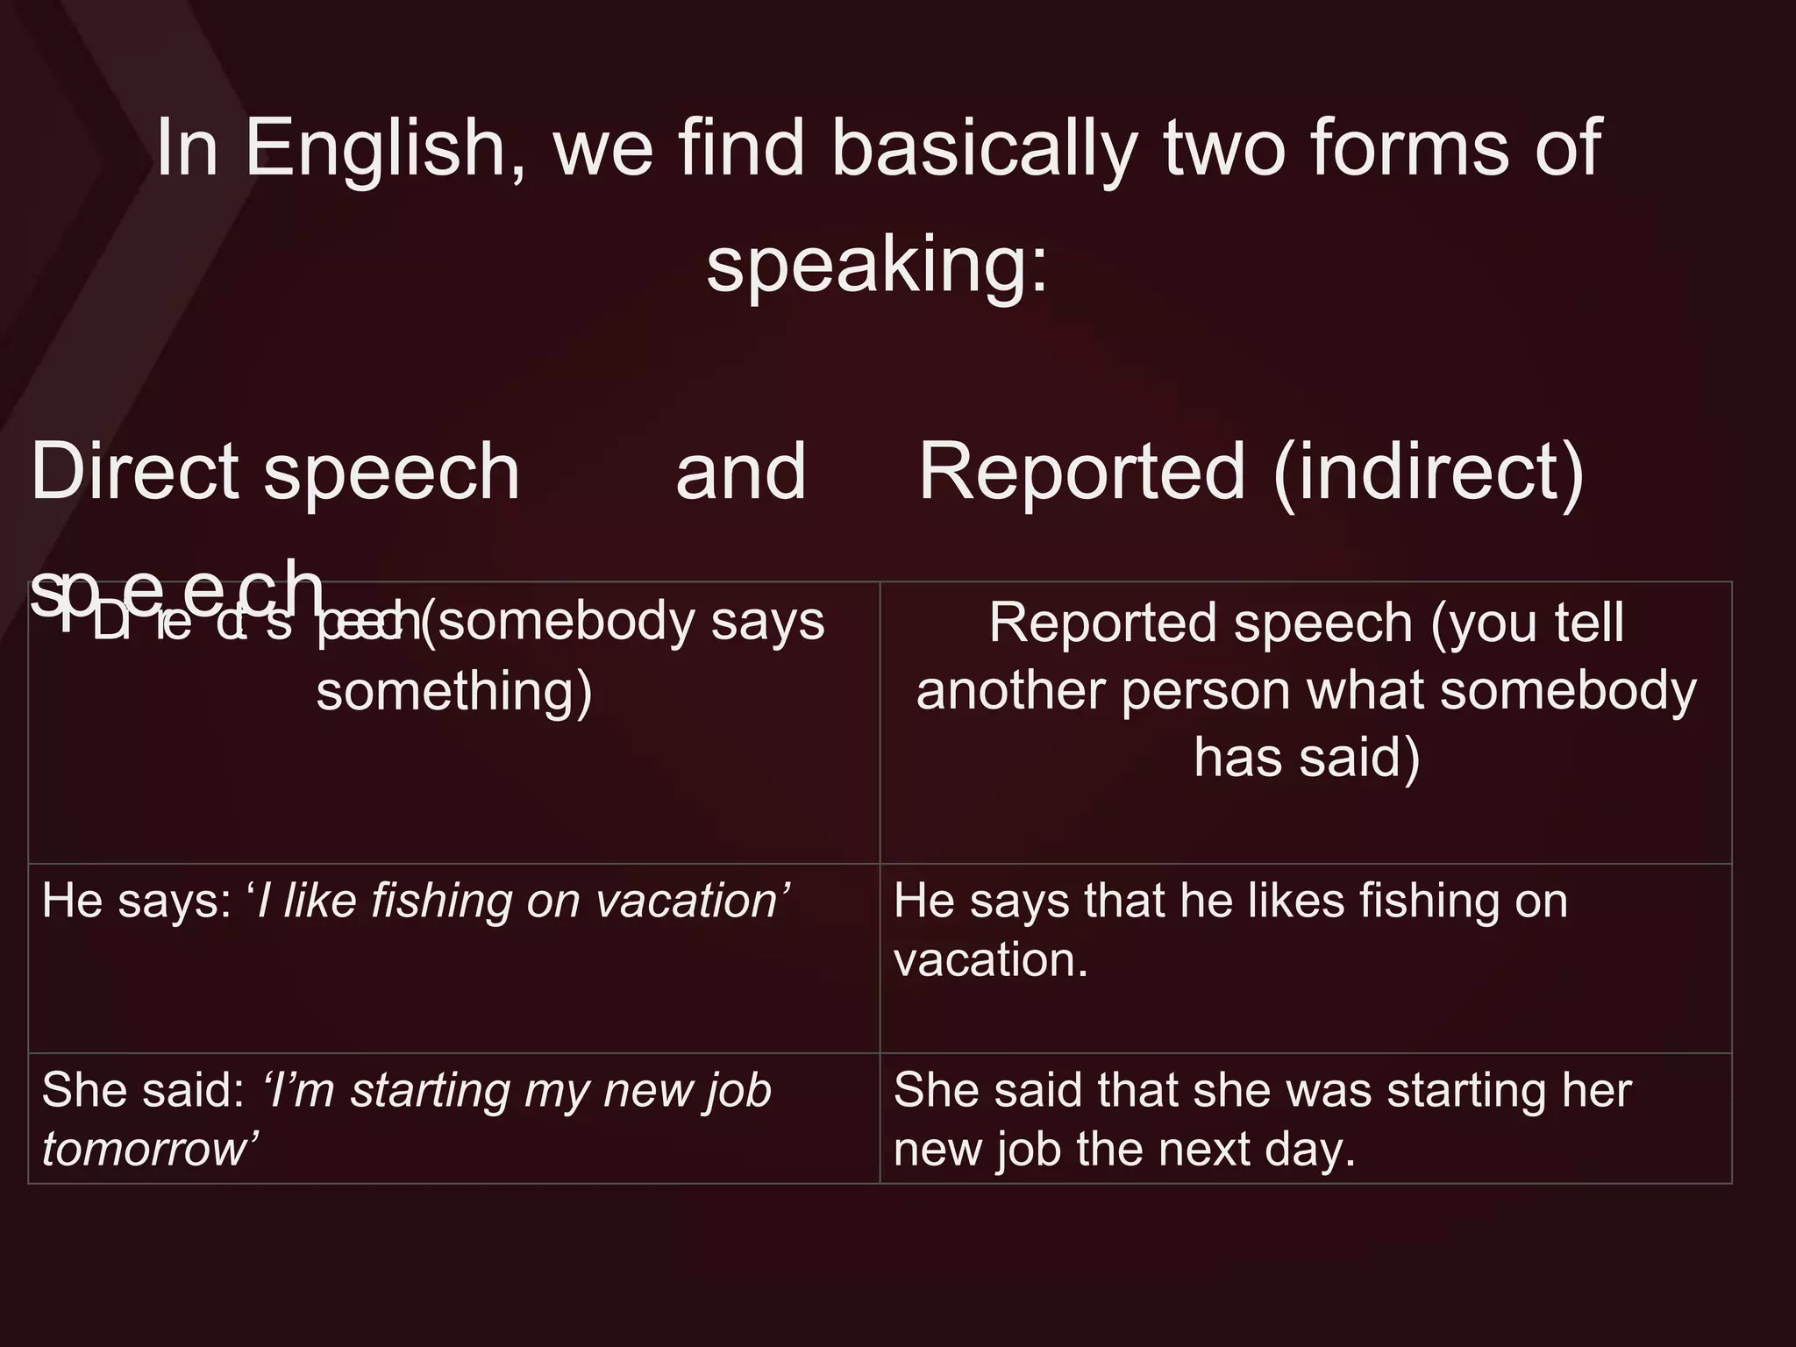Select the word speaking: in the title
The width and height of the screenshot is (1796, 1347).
877,266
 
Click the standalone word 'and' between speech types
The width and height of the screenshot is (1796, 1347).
741,472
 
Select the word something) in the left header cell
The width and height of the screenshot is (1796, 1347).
454,691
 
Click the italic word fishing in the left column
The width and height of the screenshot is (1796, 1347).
443,901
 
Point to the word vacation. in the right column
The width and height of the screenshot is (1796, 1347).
991,959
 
